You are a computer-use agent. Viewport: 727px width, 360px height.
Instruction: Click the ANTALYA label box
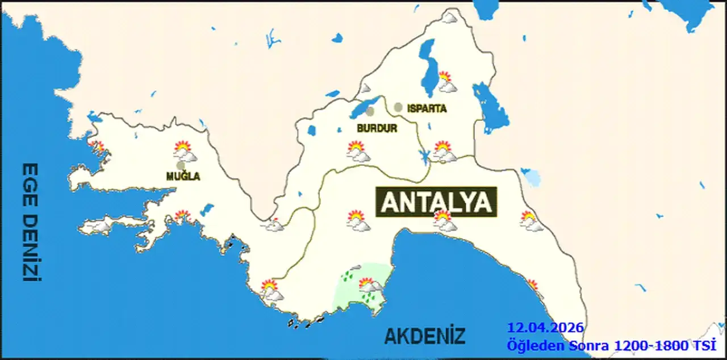436,202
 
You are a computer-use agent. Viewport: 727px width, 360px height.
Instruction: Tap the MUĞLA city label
183,177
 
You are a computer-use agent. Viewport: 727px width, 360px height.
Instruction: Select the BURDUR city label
377,128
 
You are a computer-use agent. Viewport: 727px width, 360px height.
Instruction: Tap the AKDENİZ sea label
425,336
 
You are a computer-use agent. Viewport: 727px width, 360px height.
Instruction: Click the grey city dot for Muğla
181,165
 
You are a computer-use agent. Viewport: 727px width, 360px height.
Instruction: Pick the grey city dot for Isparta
398,107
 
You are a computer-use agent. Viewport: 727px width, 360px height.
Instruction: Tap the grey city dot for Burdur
370,111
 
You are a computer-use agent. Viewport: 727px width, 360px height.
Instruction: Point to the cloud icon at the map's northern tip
450,18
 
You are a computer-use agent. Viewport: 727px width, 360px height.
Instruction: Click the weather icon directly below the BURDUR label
358,152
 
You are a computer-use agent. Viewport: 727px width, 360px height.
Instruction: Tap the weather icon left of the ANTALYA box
358,220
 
